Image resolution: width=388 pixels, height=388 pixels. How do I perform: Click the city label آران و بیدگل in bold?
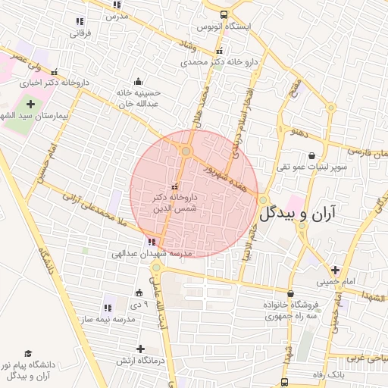[x=306, y=214]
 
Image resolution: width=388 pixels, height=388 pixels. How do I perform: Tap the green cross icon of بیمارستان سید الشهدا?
[x=30, y=104]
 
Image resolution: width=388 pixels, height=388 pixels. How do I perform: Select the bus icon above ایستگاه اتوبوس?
[x=223, y=14]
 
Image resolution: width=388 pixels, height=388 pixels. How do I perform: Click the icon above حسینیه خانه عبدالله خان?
[x=138, y=81]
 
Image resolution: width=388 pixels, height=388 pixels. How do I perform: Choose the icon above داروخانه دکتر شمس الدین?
[x=175, y=186]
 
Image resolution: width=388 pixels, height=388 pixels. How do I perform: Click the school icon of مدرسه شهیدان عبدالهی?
[x=153, y=242]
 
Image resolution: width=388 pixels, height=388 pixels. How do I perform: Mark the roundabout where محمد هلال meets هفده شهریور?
[x=186, y=152]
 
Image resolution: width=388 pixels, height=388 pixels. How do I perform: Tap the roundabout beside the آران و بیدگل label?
[x=263, y=200]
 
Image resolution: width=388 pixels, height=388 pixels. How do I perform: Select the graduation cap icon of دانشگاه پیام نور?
[x=28, y=353]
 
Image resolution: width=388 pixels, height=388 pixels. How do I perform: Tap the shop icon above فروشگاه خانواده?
[x=290, y=293]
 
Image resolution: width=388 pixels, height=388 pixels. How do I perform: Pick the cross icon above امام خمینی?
[x=334, y=270]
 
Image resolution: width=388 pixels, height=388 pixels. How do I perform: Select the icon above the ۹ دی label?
[x=138, y=293]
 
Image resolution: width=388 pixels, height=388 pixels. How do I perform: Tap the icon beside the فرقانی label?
[x=80, y=21]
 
